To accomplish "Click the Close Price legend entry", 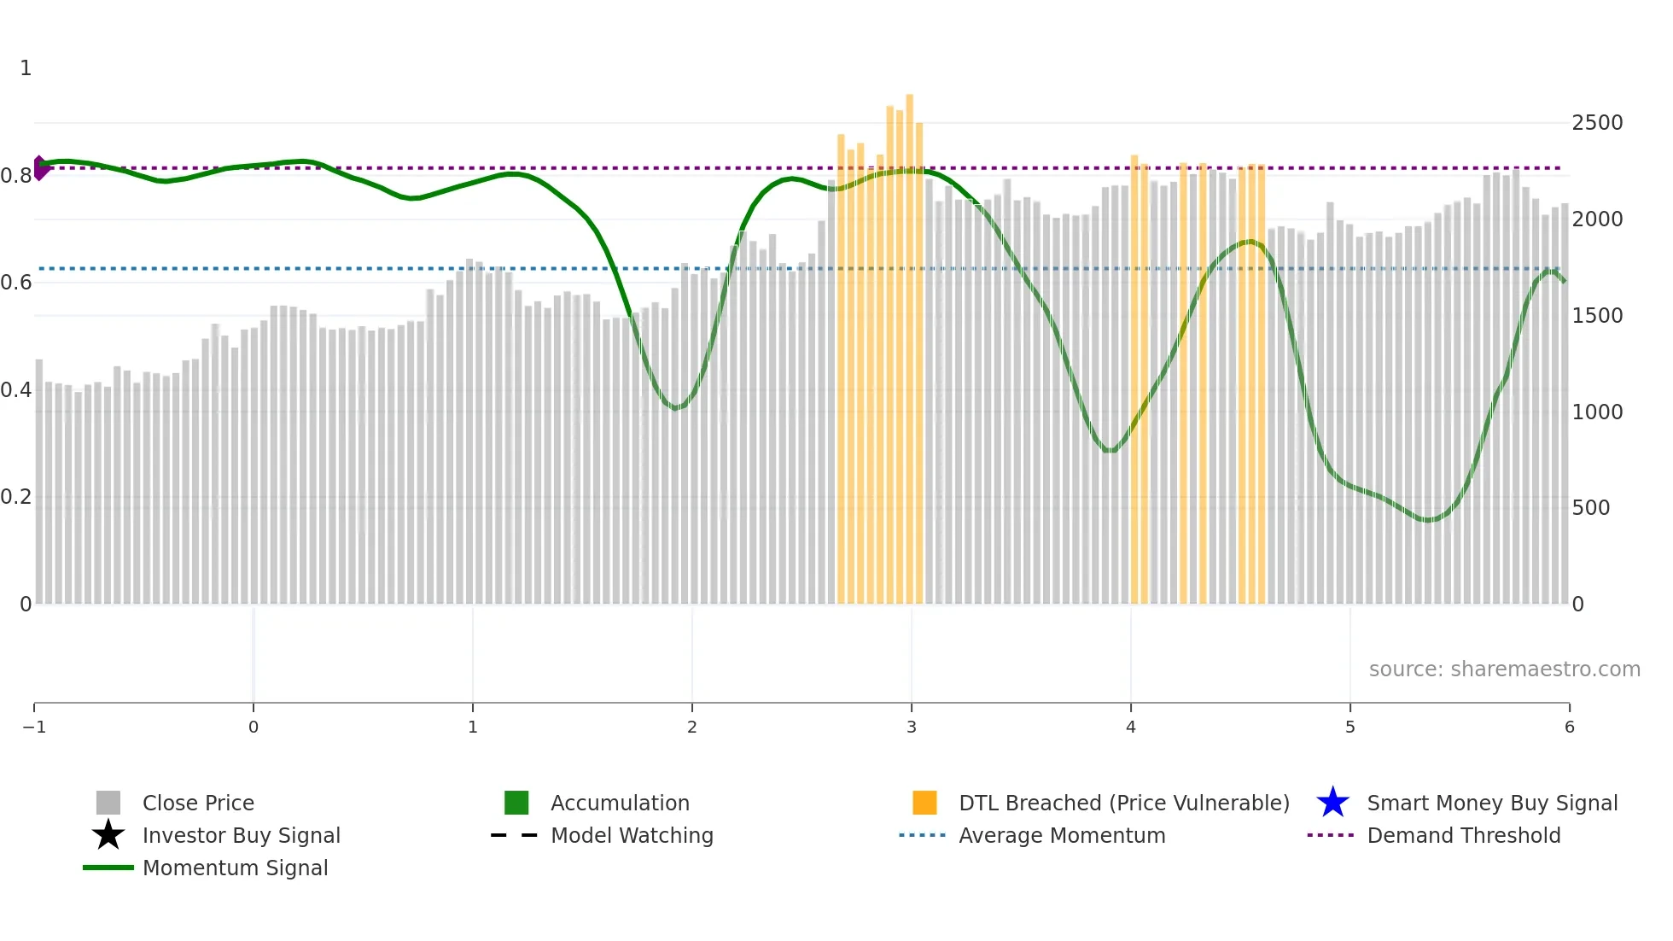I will [x=197, y=803].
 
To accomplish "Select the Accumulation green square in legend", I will [x=516, y=803].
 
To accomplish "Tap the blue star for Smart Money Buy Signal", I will [x=1332, y=803].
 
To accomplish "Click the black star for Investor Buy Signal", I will [x=108, y=835].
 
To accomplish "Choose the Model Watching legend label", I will [x=632, y=835].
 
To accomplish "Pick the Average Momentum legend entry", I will [x=1061, y=835].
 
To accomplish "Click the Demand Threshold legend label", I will [x=1463, y=835].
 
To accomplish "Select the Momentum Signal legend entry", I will [x=235, y=868].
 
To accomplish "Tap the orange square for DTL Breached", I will [x=924, y=803].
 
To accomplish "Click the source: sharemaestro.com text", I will [x=1504, y=669].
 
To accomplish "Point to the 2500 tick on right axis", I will [x=1597, y=123].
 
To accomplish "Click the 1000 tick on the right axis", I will [x=1597, y=412].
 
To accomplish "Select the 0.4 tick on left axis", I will [x=16, y=390].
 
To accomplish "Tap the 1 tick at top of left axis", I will [x=26, y=68].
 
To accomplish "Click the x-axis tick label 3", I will [x=912, y=727].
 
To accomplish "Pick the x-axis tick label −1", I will [x=34, y=727].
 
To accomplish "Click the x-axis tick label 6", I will [x=1569, y=727].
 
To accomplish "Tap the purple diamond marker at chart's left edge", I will [x=40, y=168].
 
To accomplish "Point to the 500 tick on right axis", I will [x=1590, y=508].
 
